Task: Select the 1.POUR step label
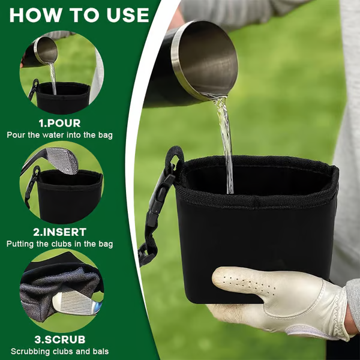(59, 123)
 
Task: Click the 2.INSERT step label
(59, 232)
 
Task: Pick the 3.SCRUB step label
(59, 340)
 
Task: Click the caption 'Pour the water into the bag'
(59, 135)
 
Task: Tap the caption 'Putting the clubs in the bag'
(59, 244)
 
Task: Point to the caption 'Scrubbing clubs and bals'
(59, 352)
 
